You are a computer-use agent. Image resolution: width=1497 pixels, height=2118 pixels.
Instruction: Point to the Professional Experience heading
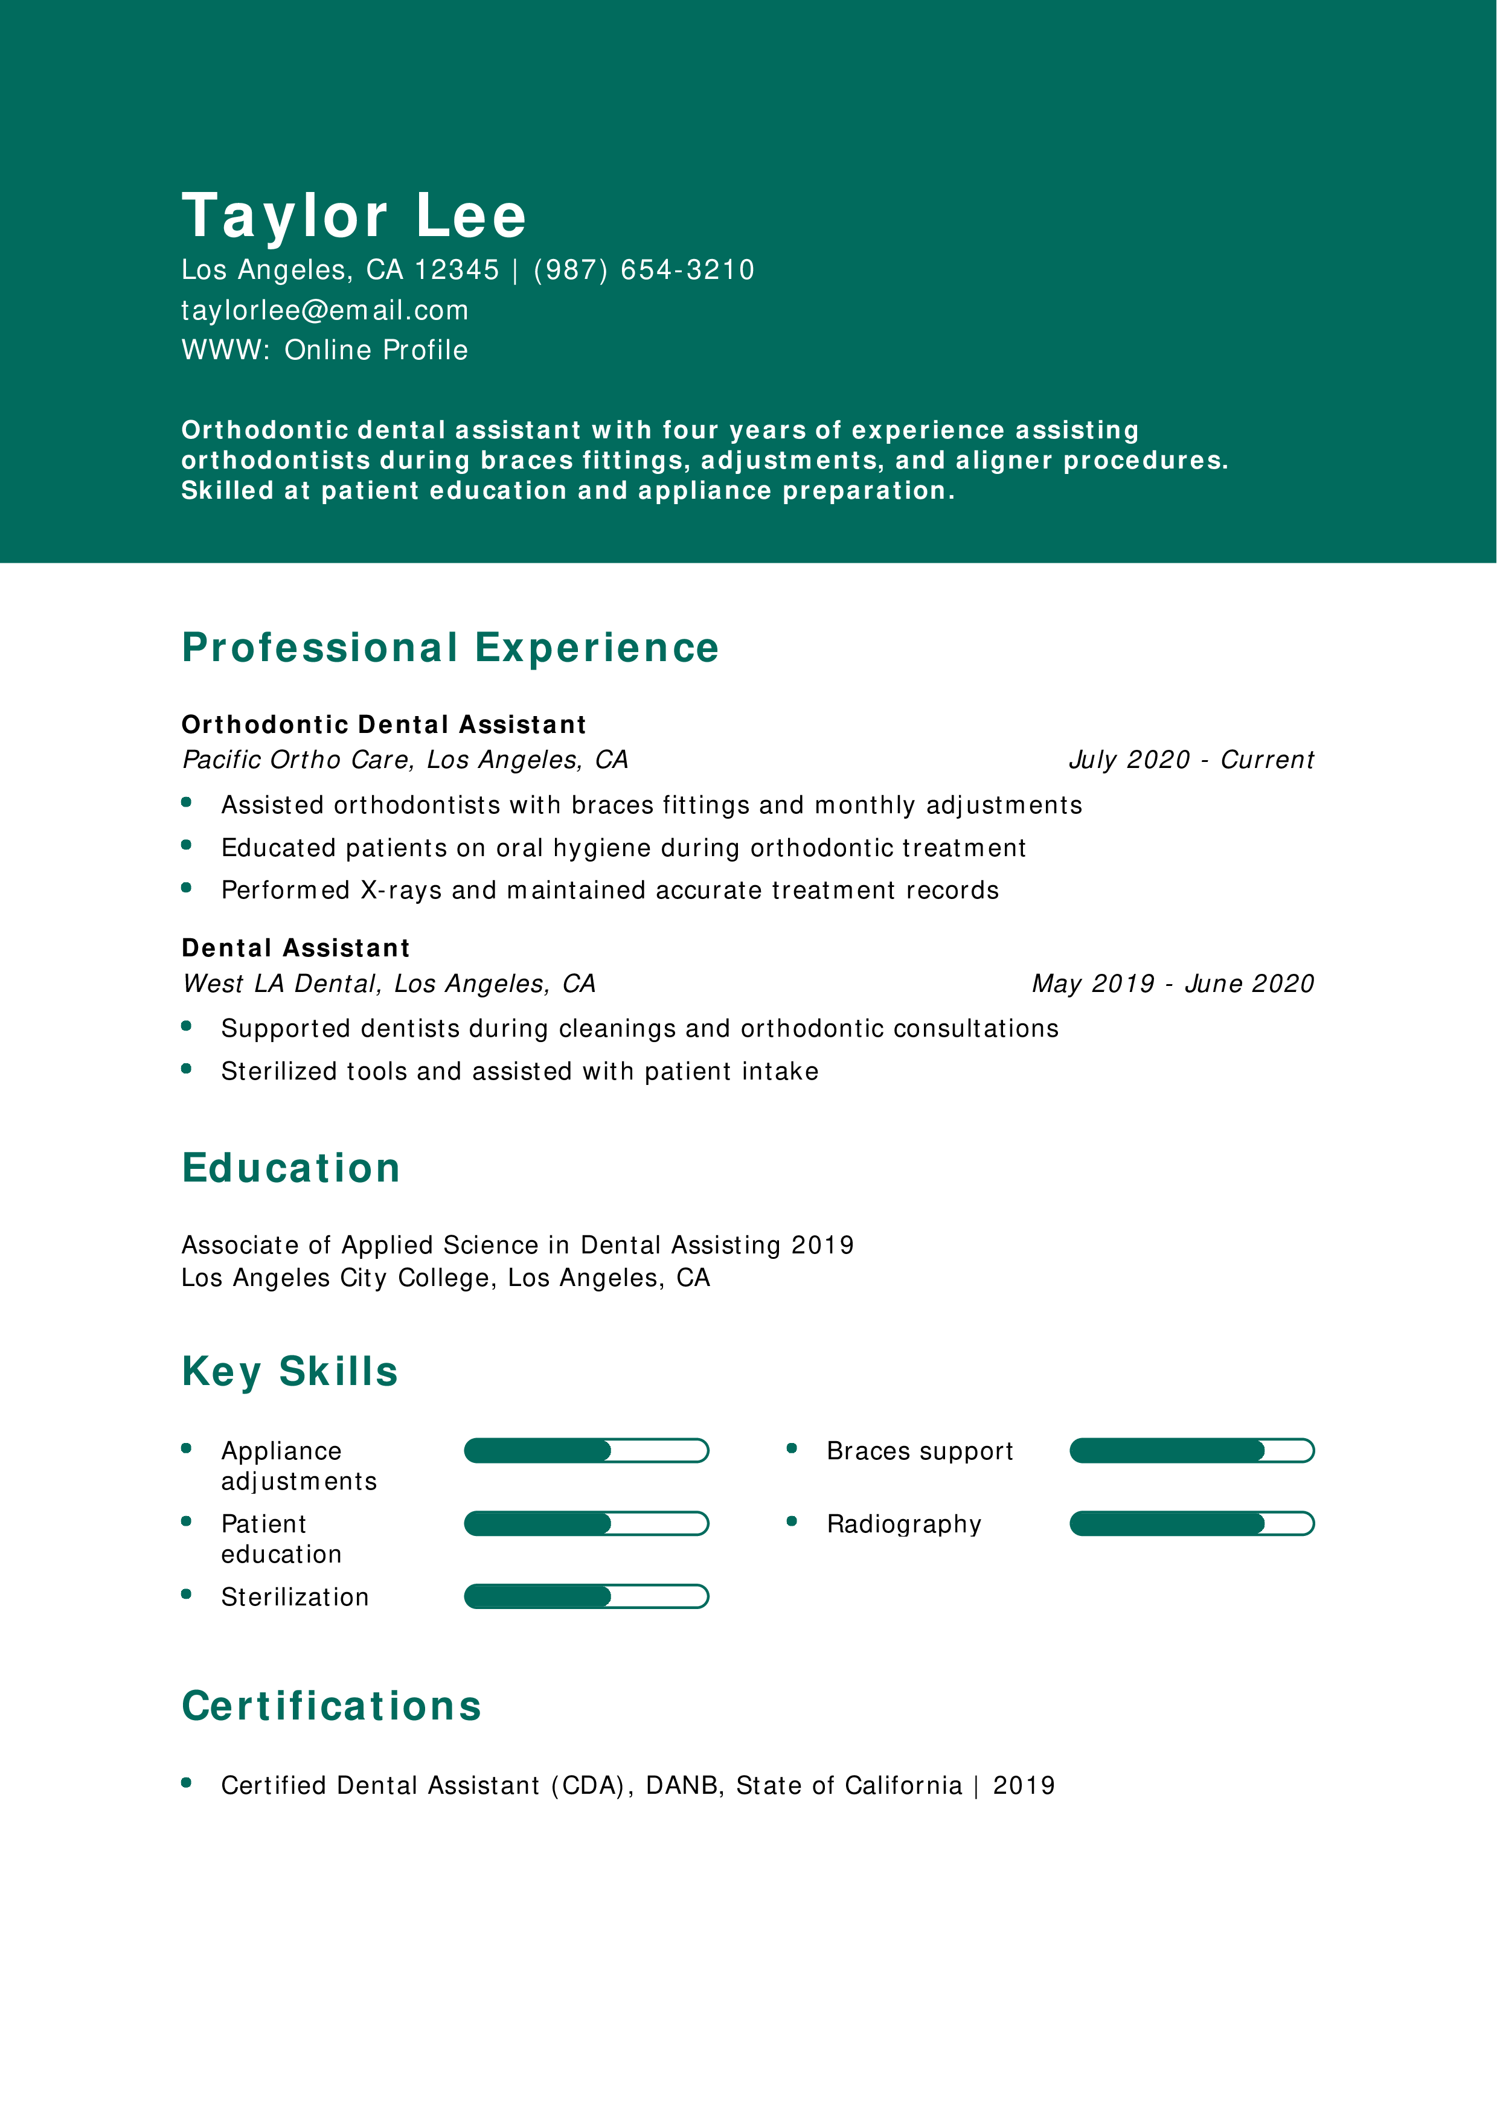pyautogui.click(x=450, y=648)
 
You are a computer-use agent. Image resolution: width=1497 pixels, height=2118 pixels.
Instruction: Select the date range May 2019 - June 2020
pyautogui.click(x=1172, y=984)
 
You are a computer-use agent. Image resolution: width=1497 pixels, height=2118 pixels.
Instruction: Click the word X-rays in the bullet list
pyautogui.click(x=400, y=890)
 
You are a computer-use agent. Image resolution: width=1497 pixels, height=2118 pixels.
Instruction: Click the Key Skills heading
pyautogui.click(x=290, y=1372)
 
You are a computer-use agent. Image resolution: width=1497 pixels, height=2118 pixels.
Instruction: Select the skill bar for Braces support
pyautogui.click(x=1191, y=1451)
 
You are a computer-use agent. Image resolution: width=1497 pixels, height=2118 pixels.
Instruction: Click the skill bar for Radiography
pyautogui.click(x=1191, y=1524)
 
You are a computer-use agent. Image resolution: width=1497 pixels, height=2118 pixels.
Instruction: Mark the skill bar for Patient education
pyautogui.click(x=586, y=1524)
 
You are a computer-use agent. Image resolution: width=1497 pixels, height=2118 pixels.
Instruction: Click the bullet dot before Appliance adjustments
pyautogui.click(x=187, y=1449)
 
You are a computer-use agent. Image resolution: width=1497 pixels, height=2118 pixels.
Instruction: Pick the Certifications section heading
pyautogui.click(x=331, y=1707)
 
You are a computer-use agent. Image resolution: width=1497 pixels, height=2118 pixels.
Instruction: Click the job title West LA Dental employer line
pyautogui.click(x=388, y=984)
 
